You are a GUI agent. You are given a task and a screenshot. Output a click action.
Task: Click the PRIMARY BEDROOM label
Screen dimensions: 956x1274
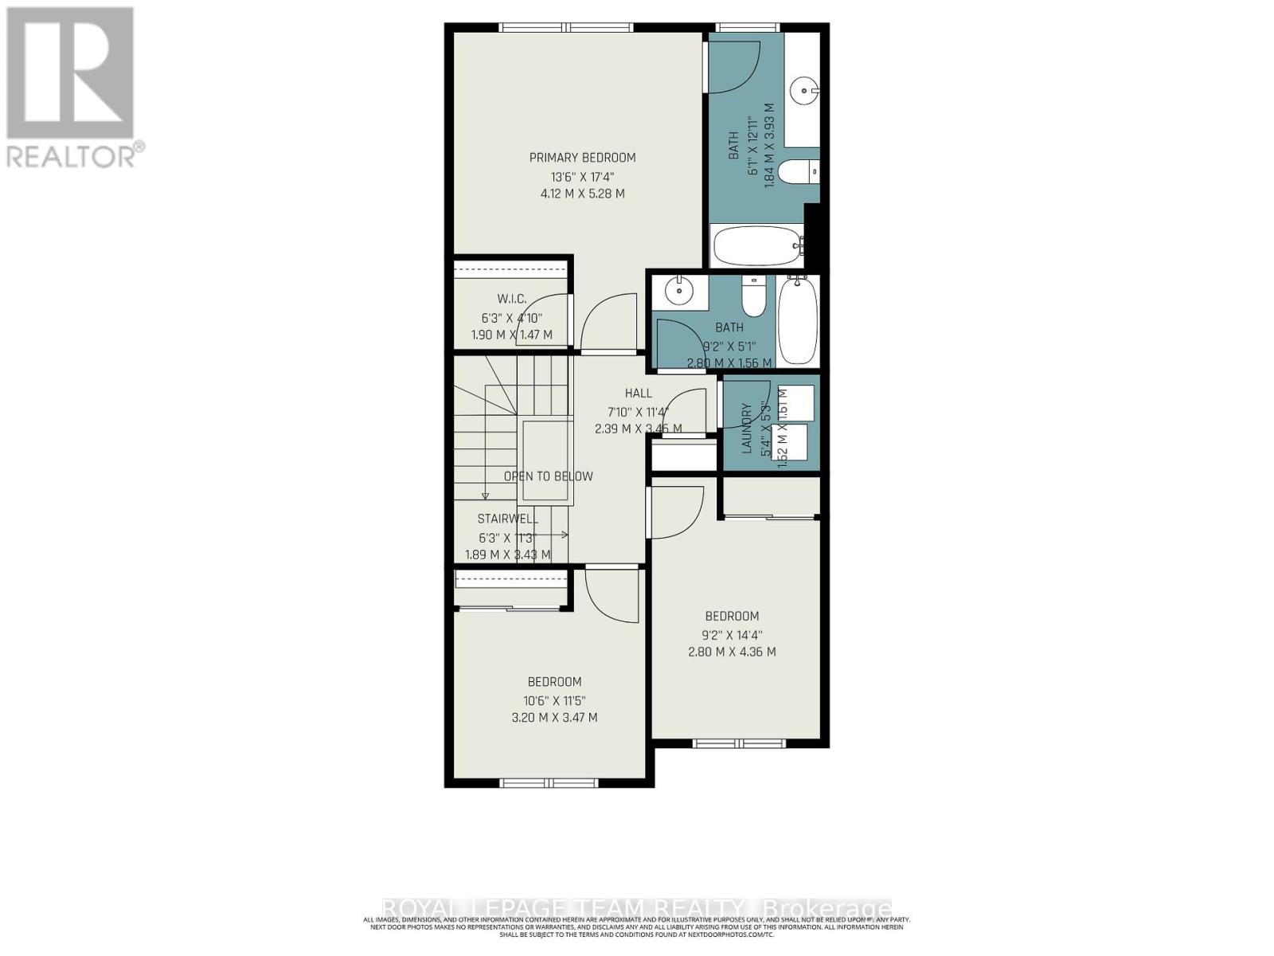tap(582, 158)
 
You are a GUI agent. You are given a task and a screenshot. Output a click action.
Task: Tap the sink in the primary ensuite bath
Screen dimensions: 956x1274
tap(804, 90)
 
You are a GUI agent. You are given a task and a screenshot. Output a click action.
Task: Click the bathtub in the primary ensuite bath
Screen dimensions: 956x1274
tap(757, 246)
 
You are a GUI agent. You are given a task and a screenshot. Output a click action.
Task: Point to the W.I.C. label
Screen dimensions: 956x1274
tap(511, 299)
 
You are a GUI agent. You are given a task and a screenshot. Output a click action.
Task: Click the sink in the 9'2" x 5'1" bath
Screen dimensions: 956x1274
tap(679, 292)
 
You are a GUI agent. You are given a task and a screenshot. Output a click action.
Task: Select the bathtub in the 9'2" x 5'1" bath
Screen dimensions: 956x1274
tap(797, 320)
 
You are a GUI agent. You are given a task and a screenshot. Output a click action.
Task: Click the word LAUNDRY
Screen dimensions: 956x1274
tap(747, 429)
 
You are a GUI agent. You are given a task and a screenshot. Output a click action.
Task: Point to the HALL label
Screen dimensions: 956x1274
tap(638, 393)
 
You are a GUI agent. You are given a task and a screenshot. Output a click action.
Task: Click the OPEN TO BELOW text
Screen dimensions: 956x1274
tap(548, 476)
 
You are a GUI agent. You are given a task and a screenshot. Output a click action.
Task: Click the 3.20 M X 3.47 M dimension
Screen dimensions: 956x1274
tap(554, 717)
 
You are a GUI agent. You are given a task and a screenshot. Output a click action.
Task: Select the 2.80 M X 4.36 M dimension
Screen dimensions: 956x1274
tap(732, 652)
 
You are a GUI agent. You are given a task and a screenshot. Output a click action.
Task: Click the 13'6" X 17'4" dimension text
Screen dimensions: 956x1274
tap(582, 177)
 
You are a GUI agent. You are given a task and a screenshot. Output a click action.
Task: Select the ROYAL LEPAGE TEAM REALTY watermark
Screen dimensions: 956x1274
tap(637, 908)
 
